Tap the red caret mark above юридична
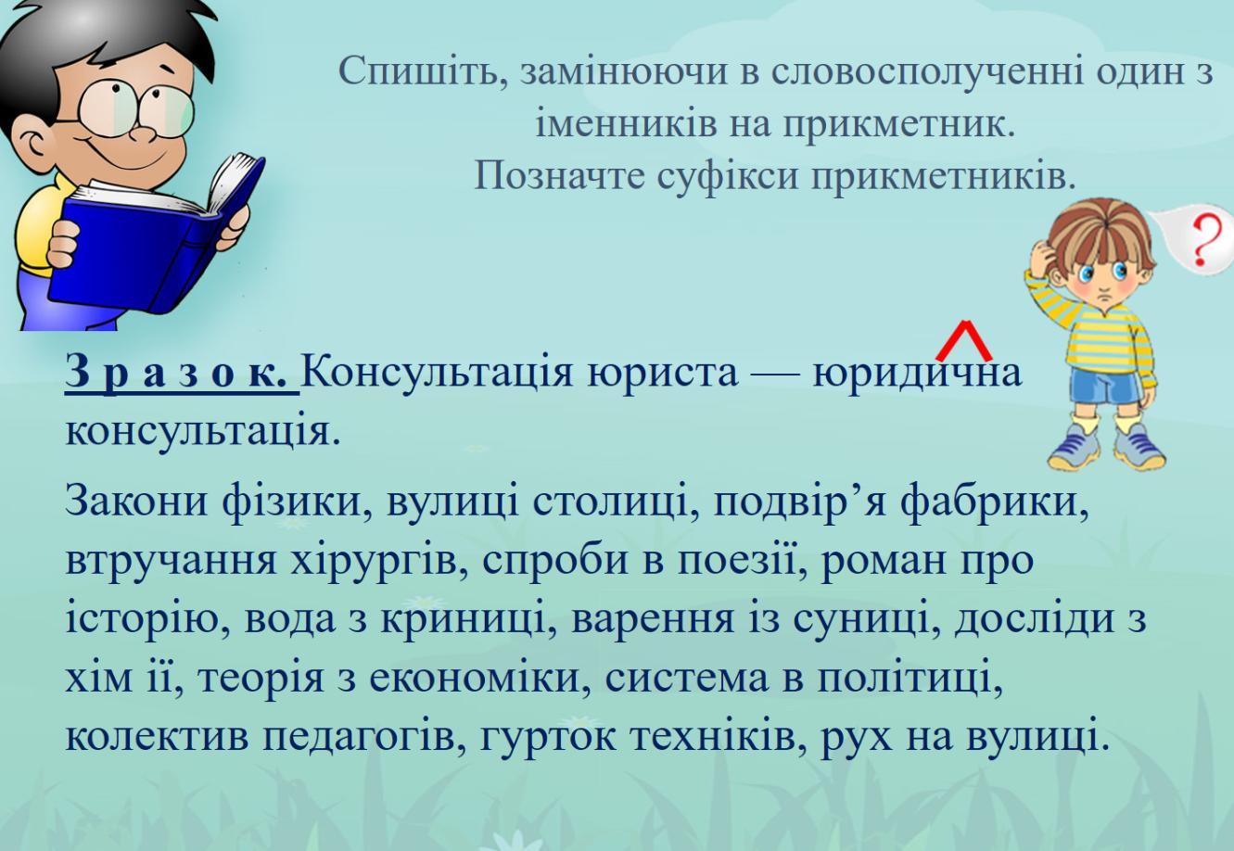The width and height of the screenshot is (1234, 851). pos(964,339)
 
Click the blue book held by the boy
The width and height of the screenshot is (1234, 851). pos(154,242)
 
